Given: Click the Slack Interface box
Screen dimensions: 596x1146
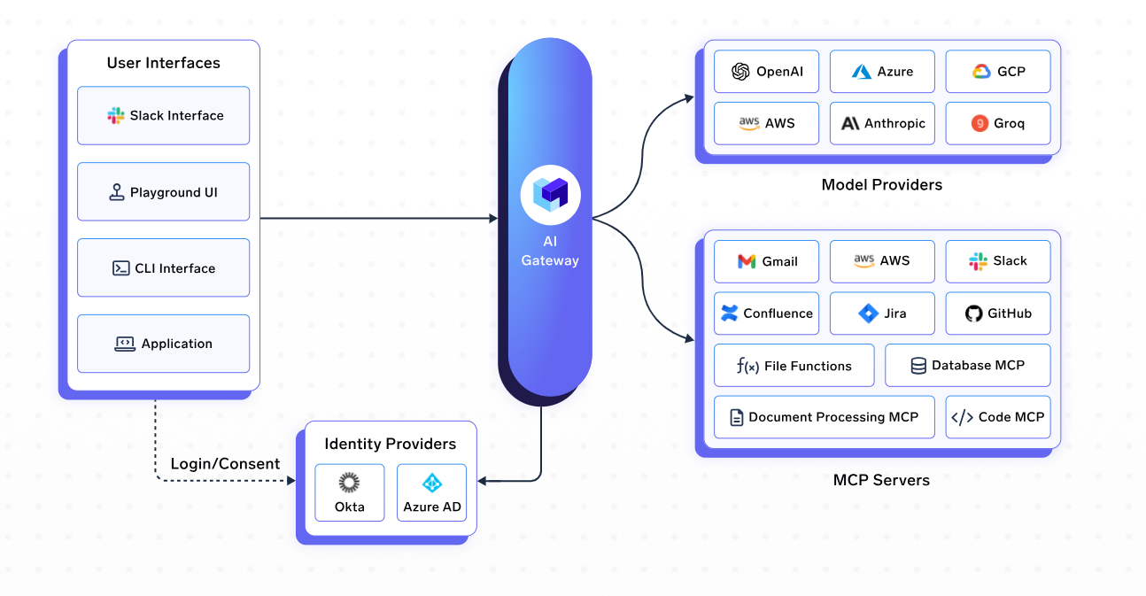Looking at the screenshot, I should point(163,115).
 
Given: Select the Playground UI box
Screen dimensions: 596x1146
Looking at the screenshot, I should point(163,191).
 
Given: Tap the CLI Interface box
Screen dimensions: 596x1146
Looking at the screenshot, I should point(163,267).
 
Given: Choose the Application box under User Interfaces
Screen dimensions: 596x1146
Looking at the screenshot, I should point(163,344).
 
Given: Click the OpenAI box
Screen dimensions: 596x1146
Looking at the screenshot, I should point(766,72).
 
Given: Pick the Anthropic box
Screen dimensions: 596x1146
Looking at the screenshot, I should point(882,123).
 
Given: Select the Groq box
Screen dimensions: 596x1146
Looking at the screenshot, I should point(997,123).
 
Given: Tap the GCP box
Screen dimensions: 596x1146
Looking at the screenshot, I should point(997,72).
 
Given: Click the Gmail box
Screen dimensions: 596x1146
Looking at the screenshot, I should point(766,261).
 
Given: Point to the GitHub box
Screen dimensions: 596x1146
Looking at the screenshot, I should point(997,313).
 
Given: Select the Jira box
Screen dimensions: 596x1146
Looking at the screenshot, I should point(882,313).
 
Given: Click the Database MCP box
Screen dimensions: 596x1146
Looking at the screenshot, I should point(967,365).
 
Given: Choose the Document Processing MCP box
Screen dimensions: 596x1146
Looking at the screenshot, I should point(824,417).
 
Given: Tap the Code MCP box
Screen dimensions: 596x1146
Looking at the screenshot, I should point(997,417).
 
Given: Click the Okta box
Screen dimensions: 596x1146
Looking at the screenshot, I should point(349,492).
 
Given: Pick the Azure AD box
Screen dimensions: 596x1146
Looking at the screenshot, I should point(431,492).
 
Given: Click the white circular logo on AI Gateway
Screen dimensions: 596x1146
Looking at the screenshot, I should point(550,195).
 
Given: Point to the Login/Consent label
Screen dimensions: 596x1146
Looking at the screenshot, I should point(225,464).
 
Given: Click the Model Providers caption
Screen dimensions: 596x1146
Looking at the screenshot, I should point(881,185).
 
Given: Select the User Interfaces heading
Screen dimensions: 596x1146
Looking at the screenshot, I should point(163,63).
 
